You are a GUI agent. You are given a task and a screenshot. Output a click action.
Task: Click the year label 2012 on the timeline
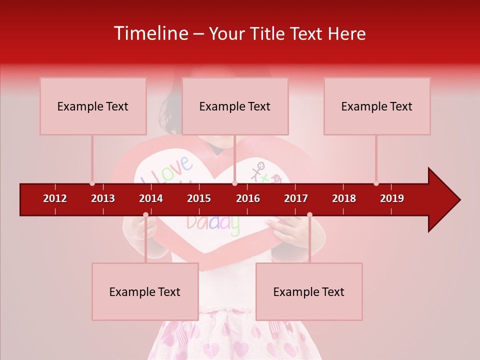click(x=55, y=198)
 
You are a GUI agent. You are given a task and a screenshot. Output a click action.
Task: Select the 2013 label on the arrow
click(x=103, y=198)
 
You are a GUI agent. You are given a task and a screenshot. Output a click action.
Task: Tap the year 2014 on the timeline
click(x=151, y=198)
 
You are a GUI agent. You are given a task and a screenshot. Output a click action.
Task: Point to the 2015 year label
click(x=199, y=198)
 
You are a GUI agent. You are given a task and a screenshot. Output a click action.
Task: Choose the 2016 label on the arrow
click(x=248, y=198)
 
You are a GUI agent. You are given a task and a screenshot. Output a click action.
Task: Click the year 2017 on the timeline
click(x=296, y=198)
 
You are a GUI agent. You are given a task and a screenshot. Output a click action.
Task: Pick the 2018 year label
click(x=344, y=198)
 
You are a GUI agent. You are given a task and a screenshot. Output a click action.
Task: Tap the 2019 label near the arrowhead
click(x=392, y=198)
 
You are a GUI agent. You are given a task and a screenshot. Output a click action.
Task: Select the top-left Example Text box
click(x=93, y=106)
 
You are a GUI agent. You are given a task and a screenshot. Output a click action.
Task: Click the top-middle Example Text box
click(x=235, y=106)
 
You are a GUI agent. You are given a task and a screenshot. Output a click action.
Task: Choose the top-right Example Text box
click(x=377, y=106)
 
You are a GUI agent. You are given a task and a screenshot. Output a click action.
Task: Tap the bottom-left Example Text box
click(x=145, y=292)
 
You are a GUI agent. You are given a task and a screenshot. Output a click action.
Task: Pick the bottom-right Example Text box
click(x=309, y=292)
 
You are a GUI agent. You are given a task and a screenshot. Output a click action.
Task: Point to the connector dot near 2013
click(x=92, y=183)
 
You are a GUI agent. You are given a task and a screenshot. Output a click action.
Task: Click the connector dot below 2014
click(x=145, y=215)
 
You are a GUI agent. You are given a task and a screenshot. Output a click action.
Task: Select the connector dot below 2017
click(x=309, y=215)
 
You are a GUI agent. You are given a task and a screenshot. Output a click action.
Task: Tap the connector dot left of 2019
click(x=376, y=183)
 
